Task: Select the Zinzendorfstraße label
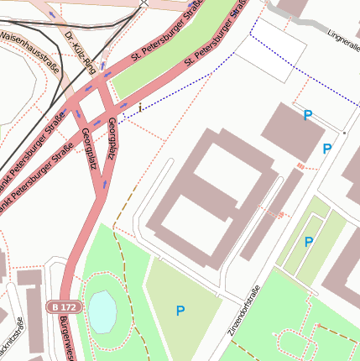tap(244, 311)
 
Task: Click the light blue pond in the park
tap(102, 311)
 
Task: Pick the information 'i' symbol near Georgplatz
tap(140, 107)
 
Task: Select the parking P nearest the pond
tap(180, 311)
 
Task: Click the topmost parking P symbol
tap(308, 115)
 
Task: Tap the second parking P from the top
tap(327, 149)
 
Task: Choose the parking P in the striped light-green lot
tap(309, 242)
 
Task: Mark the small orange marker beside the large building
tap(300, 167)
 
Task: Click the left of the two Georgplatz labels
tap(89, 149)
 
